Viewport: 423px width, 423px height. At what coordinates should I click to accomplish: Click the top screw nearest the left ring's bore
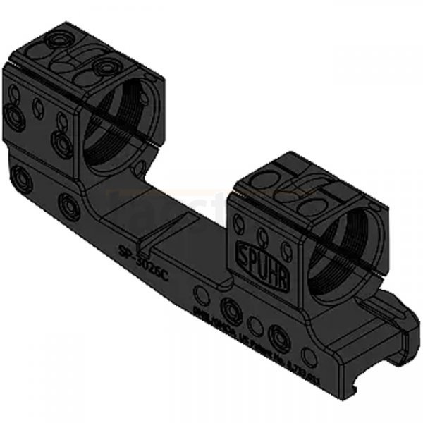tap(108, 67)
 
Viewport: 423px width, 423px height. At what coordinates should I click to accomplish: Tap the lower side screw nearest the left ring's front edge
tap(64, 145)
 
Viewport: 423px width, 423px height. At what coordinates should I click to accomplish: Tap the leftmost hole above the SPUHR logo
tap(243, 226)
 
